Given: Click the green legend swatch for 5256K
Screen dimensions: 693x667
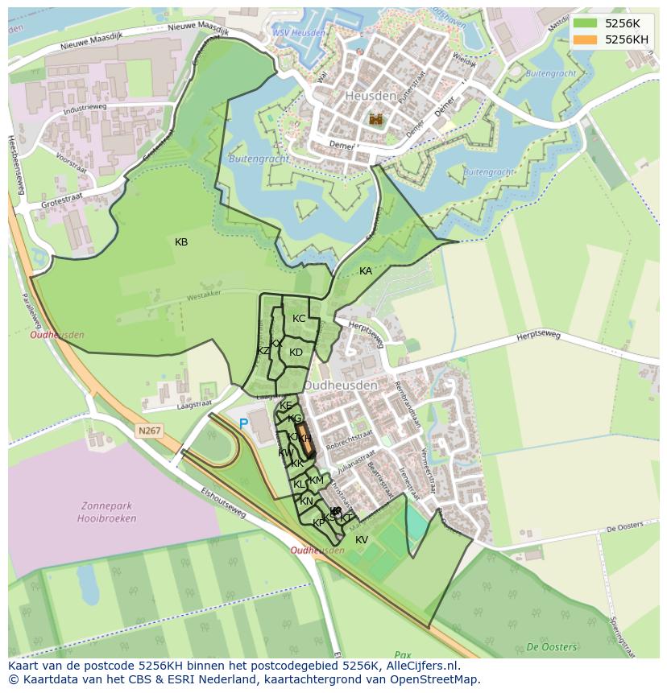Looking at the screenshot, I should pyautogui.click(x=586, y=23).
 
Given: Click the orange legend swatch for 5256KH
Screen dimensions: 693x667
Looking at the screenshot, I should pyautogui.click(x=586, y=39).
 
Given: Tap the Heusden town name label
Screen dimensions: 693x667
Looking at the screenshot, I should pyautogui.click(x=371, y=96).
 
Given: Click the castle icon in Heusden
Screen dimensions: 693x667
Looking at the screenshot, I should pyautogui.click(x=375, y=119).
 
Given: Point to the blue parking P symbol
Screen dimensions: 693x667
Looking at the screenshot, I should pyautogui.click(x=243, y=423).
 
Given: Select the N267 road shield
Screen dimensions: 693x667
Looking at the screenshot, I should pyautogui.click(x=149, y=431).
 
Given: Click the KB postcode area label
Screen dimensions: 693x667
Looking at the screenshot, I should pyautogui.click(x=181, y=242).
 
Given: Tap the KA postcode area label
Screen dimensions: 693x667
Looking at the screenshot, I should pyautogui.click(x=366, y=271).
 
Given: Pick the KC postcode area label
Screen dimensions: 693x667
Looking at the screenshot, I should pyautogui.click(x=299, y=319).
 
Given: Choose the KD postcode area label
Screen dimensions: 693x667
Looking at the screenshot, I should pyautogui.click(x=296, y=353).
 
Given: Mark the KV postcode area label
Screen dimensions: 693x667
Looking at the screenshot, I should pyautogui.click(x=362, y=540).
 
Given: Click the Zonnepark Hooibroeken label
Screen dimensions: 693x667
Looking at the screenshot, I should pyautogui.click(x=109, y=513).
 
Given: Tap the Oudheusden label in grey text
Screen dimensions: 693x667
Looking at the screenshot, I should pyautogui.click(x=349, y=386).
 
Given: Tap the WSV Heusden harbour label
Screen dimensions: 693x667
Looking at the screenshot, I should pyautogui.click(x=298, y=33).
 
